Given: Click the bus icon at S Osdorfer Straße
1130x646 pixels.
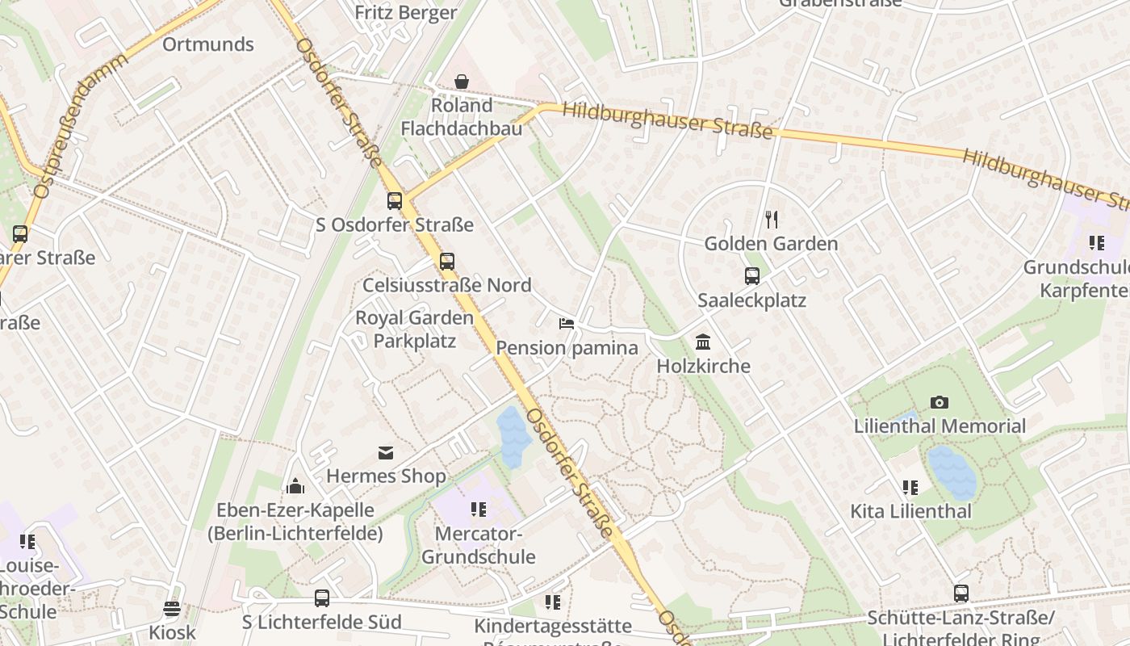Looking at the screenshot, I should point(395,201).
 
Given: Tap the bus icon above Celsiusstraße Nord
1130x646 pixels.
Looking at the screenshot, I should point(447,262).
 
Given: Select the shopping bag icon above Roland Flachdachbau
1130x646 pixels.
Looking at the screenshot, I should point(462,82).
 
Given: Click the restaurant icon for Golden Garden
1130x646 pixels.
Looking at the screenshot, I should point(772,220).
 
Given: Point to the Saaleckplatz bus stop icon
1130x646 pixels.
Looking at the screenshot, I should point(752,276).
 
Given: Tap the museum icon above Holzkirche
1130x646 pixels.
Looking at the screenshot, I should point(703,342).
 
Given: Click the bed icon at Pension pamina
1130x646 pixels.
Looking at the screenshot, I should point(567,324).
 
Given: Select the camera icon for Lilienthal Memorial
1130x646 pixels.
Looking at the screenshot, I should point(940,402).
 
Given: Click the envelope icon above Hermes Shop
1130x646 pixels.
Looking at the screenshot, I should point(386,453).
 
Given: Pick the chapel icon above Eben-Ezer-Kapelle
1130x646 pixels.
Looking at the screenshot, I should point(295,486).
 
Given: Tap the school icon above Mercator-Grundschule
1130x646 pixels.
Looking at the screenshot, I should point(479,510).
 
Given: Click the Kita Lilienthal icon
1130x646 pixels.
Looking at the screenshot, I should point(910,488).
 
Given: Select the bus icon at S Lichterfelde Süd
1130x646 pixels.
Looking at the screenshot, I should point(322,598).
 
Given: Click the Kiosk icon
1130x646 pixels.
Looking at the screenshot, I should point(171,609).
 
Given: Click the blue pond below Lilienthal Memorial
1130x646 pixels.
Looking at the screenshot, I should point(952,472).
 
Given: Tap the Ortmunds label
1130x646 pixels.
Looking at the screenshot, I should point(208,44).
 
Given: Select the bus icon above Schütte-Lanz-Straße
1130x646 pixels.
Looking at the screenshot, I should point(960,594).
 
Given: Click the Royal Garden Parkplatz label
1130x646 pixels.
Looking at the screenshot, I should point(415,329).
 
